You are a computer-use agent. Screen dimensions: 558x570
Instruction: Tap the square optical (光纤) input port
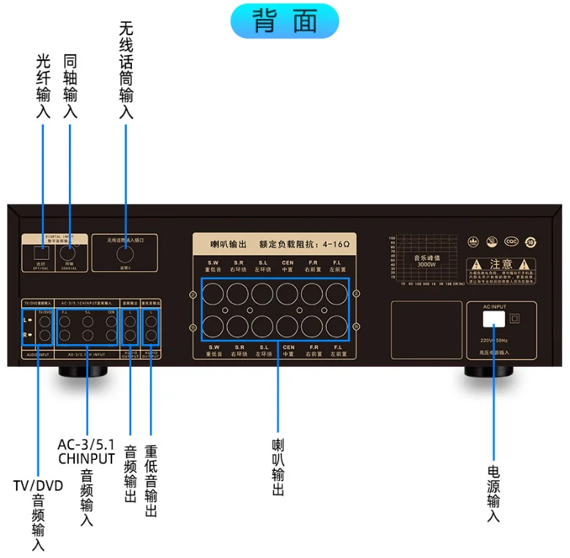(43, 257)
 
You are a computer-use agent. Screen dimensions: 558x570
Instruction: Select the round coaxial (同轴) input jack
(70, 256)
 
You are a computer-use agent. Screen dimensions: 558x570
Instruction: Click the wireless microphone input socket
(125, 256)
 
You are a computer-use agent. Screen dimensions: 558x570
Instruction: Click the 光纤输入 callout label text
(43, 86)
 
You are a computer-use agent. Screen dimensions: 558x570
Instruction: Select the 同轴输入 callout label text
(70, 86)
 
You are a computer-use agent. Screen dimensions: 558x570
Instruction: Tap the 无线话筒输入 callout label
(126, 70)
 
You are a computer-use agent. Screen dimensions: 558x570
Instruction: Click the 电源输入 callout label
(494, 492)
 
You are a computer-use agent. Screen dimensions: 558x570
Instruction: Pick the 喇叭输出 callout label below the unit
(278, 467)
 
